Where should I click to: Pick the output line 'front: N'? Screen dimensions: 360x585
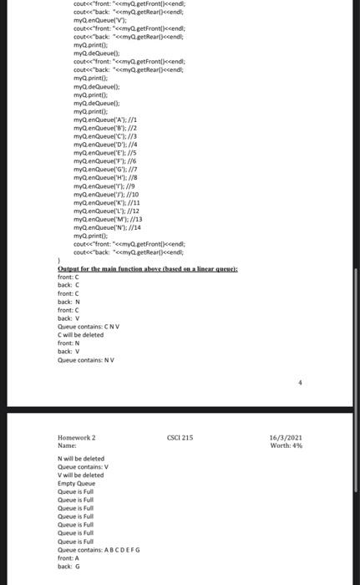tap(68, 343)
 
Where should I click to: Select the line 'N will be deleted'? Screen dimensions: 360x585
tap(81, 459)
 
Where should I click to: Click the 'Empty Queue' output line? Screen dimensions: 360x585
tap(76, 483)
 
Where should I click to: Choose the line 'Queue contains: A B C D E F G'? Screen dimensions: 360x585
tap(99, 549)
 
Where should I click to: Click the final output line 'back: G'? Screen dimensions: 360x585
tap(68, 566)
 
